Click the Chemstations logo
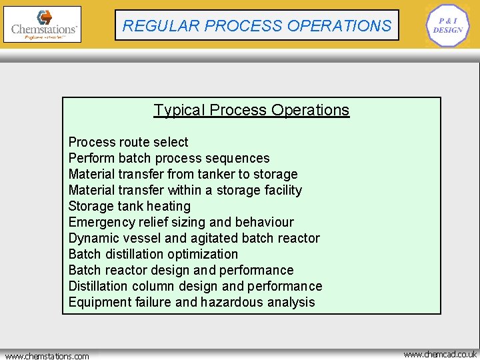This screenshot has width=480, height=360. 42,25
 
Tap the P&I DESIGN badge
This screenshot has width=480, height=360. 447,25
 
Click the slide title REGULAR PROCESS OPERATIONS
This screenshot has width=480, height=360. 257,26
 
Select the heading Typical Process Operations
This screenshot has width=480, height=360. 251,110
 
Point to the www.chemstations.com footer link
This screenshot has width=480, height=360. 47,356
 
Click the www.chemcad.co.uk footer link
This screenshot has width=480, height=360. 440,354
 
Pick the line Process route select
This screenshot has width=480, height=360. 128,142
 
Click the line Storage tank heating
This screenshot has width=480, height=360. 129,206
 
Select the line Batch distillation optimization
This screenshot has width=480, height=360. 153,254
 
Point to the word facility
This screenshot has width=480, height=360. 281,190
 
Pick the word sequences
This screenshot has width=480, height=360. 239,158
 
